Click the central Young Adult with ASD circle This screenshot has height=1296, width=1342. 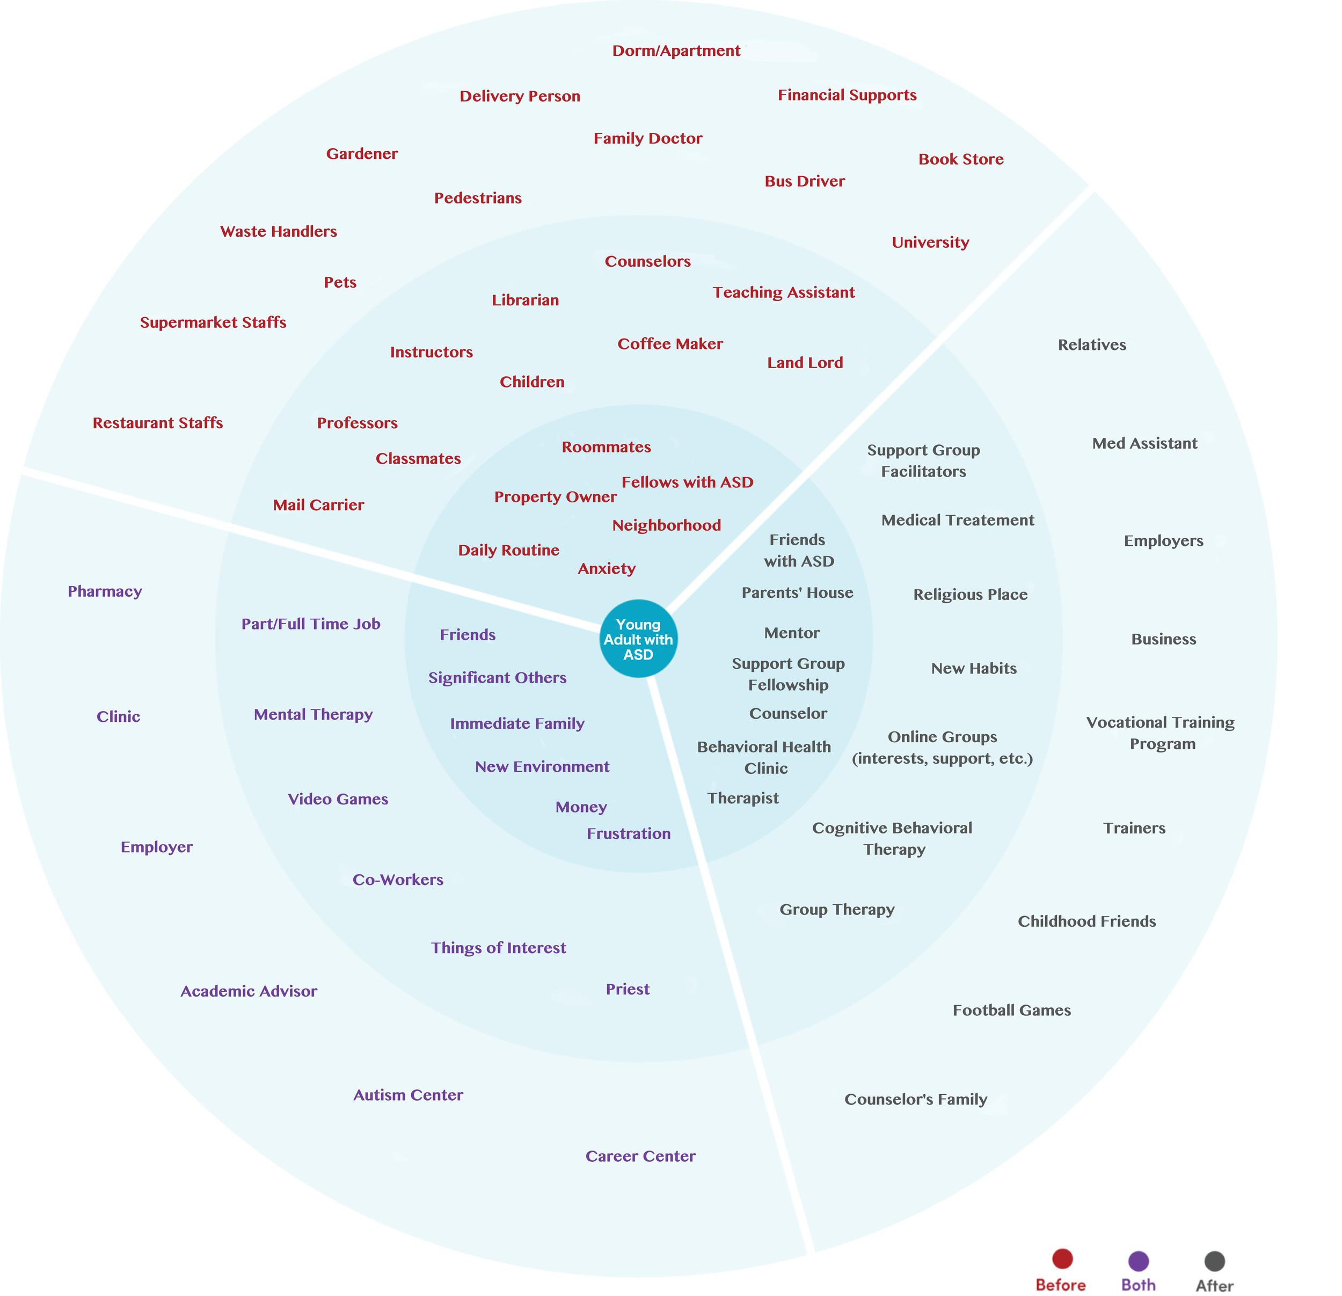tap(638, 639)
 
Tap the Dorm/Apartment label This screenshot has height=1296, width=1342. tap(676, 50)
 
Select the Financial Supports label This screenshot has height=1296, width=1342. tap(847, 95)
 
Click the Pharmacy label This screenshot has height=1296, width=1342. tap(105, 591)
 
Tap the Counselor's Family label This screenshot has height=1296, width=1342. tap(915, 1100)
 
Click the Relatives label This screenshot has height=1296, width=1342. tap(1091, 345)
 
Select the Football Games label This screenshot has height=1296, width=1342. tap(1011, 1011)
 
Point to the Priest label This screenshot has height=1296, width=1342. tap(627, 989)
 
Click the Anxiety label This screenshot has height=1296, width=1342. tap(607, 569)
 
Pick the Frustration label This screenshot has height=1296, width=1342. tap(629, 834)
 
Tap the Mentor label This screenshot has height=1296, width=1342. tap(791, 633)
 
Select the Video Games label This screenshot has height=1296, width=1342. tap(338, 800)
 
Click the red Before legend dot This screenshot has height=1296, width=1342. tap(1062, 1258)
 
